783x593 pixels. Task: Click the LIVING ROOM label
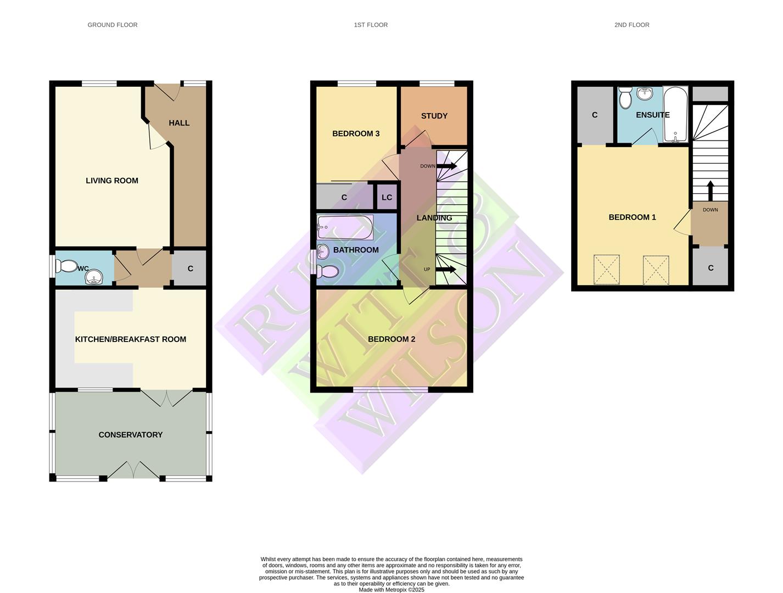[112, 181]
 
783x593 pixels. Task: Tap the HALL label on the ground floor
[179, 123]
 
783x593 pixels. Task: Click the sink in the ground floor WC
[94, 277]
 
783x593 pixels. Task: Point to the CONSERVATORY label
[131, 435]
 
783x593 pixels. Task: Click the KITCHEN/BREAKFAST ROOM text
[131, 339]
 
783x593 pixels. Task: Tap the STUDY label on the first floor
[434, 116]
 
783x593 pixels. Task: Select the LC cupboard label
[387, 198]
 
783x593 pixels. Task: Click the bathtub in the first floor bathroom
[345, 227]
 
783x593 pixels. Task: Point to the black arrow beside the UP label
[446, 269]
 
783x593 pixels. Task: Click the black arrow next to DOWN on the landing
[447, 166]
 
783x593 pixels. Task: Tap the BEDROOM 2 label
[391, 339]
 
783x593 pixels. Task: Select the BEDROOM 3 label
[356, 133]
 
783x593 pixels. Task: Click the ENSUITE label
[653, 115]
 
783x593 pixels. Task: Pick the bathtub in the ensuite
[675, 114]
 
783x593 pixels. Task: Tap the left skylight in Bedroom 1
[607, 270]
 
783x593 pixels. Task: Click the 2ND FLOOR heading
[631, 25]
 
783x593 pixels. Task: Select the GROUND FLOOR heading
[113, 25]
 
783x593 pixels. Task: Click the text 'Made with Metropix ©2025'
[391, 590]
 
